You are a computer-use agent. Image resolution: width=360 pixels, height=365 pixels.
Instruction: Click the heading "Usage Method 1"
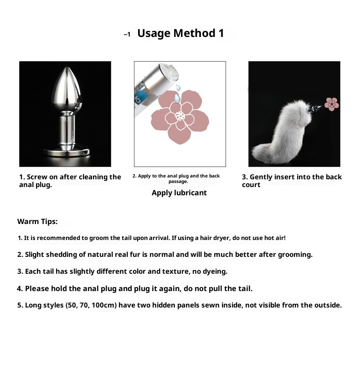(x=180, y=33)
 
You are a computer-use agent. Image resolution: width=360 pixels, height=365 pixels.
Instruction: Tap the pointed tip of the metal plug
(x=67, y=68)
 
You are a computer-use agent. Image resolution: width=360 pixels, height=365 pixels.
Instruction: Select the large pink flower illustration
(x=180, y=117)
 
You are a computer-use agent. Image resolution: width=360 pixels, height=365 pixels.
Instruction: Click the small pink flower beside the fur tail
(x=332, y=104)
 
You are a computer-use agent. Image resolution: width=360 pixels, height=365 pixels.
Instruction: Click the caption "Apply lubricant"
(x=179, y=193)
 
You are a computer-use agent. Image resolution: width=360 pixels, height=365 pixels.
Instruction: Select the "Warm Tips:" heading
(x=37, y=221)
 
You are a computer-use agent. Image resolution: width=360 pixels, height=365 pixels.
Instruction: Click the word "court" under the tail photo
(x=251, y=185)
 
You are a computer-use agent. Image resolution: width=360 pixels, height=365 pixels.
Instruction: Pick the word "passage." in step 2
(x=178, y=182)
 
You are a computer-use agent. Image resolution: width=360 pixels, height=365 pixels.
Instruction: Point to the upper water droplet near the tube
(x=178, y=88)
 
